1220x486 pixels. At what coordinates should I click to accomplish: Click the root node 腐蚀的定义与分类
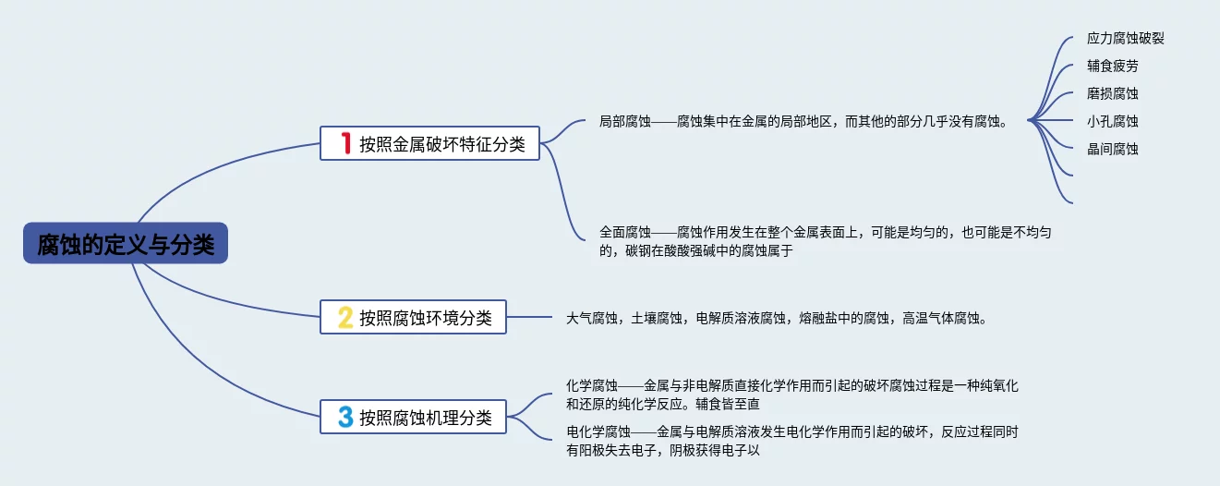[126, 245]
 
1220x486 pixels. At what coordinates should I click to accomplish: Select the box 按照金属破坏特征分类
[429, 143]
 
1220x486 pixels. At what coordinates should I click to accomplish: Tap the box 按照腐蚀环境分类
[413, 317]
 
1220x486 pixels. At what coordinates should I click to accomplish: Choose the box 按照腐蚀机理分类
[413, 417]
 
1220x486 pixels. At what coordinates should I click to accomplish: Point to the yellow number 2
[345, 318]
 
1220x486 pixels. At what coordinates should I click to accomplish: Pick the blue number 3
[345, 418]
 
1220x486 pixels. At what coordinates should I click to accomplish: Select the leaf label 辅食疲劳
[1113, 67]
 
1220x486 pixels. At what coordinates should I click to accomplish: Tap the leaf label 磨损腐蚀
[1113, 93]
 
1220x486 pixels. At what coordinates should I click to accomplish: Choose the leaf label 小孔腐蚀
[1113, 121]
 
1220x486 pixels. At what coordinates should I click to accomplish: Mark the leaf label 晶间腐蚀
[1113, 149]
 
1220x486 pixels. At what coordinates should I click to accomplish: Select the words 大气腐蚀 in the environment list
[592, 319]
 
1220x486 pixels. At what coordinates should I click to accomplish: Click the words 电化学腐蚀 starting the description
[598, 431]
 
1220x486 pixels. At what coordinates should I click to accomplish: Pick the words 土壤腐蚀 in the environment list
[657, 319]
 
